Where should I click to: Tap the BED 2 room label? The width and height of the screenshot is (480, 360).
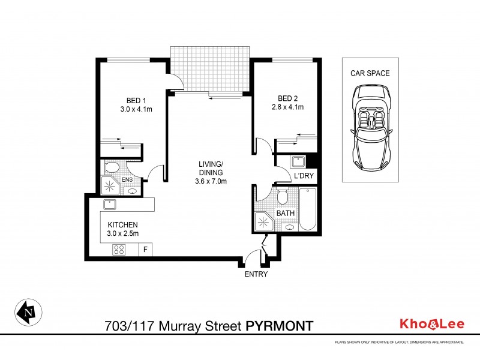(x=288, y=98)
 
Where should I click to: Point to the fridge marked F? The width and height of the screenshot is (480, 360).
(x=145, y=250)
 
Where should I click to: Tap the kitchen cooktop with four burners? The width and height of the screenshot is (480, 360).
(x=119, y=250)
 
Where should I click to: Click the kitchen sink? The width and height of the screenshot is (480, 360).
(x=110, y=204)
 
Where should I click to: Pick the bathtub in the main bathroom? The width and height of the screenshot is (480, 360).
(x=307, y=210)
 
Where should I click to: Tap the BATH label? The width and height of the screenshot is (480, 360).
(x=284, y=213)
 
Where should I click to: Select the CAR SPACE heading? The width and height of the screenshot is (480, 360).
(x=370, y=74)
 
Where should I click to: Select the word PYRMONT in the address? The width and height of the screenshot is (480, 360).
(x=280, y=326)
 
